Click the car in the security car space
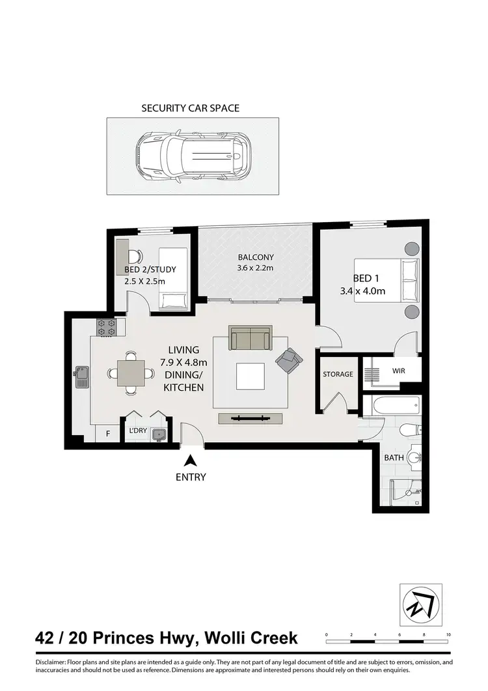click(x=193, y=155)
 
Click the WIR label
click(x=399, y=371)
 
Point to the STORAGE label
click(x=338, y=374)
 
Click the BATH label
click(x=394, y=458)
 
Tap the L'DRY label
click(x=137, y=431)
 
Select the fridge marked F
click(x=107, y=432)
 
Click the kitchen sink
click(x=82, y=376)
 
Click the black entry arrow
click(x=190, y=460)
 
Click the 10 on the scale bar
click(x=449, y=634)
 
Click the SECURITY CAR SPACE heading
click(x=191, y=108)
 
